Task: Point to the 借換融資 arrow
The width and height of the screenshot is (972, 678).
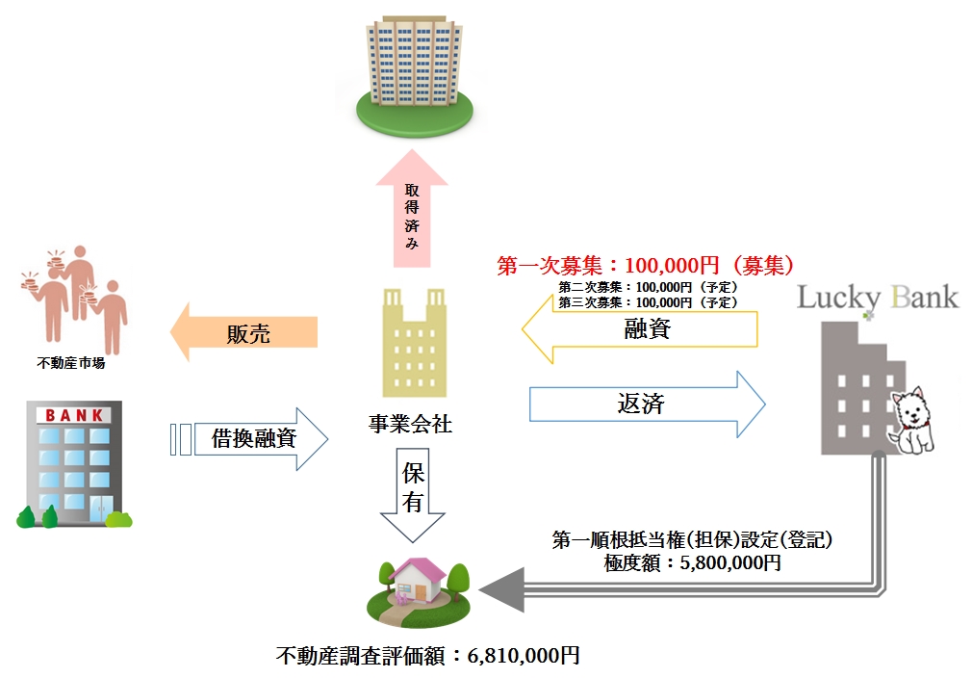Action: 255,439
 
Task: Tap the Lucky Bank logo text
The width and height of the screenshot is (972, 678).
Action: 878,297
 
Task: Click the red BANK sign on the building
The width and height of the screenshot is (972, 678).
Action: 73,415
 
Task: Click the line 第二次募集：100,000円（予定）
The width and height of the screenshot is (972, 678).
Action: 648,287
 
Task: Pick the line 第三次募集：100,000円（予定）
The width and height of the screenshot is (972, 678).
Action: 648,301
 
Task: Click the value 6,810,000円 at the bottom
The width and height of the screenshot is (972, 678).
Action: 524,657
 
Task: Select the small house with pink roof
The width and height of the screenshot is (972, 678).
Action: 417,581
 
